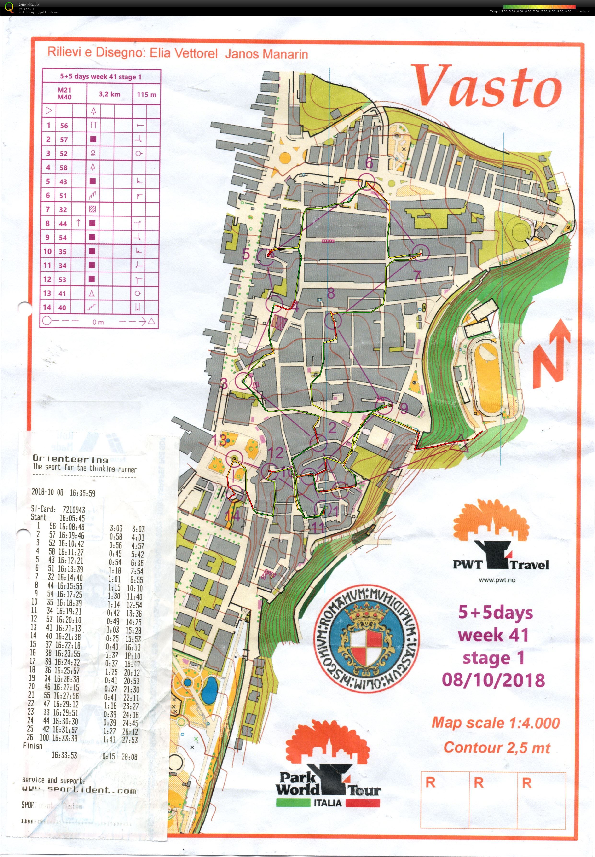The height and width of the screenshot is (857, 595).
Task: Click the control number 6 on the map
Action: tap(369, 163)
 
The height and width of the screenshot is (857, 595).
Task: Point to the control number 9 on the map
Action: tap(404, 409)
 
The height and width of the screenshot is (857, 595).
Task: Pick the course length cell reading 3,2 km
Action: tap(109, 94)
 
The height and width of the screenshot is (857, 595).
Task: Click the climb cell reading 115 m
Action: tap(146, 94)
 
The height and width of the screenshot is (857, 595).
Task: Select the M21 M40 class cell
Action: tap(64, 93)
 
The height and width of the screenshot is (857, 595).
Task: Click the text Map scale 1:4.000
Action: tap(496, 723)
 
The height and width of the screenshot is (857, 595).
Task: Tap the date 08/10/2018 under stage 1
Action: tap(493, 680)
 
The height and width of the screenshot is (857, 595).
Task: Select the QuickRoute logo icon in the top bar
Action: tap(9, 7)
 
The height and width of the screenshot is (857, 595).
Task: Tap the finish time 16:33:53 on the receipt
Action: tap(64, 755)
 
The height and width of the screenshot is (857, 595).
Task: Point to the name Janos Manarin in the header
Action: tap(266, 54)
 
